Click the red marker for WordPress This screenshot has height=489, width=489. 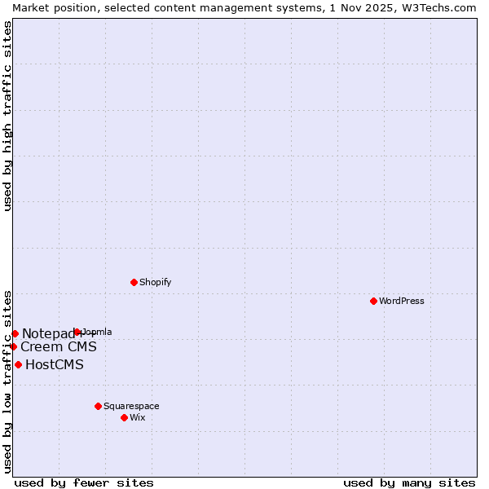tap(373, 301)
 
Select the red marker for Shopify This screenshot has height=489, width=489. tap(134, 282)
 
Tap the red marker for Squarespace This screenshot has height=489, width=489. tap(98, 406)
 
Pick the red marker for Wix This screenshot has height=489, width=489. tap(124, 417)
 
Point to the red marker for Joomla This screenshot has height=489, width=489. tap(77, 332)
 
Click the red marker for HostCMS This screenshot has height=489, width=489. tap(18, 364)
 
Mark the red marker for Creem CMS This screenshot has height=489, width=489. tap(13, 346)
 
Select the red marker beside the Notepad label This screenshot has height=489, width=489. tap(15, 333)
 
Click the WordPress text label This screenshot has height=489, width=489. tap(402, 301)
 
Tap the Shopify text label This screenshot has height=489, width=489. tap(155, 282)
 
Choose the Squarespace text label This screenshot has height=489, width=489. tap(131, 406)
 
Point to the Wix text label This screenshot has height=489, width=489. tap(137, 417)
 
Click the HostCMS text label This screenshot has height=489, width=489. tap(55, 364)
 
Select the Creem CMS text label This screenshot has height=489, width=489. tap(59, 346)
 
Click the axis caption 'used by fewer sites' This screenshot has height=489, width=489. tap(84, 482)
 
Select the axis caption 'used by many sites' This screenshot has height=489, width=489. tap(409, 482)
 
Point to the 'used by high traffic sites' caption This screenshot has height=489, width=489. tap(7, 116)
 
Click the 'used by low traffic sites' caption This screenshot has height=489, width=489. tap(7, 381)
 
